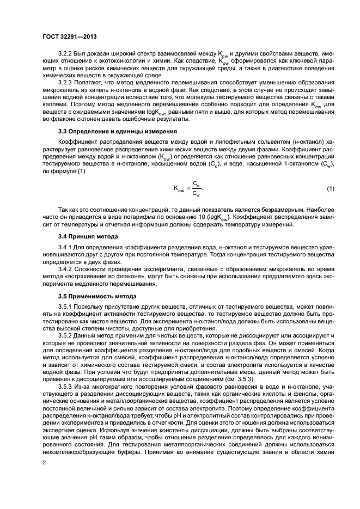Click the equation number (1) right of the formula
(330, 188)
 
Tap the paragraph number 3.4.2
(66, 269)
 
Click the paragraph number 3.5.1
(66, 306)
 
